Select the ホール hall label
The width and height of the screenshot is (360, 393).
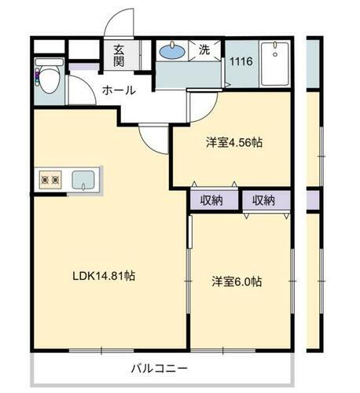[x=119, y=90]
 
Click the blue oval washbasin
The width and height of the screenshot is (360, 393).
[x=171, y=53]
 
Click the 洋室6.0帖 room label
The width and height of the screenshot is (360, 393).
[x=236, y=281]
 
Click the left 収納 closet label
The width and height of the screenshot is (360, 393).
[x=211, y=200]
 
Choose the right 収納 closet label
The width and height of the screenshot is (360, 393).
[x=264, y=200]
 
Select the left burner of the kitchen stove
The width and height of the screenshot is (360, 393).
[x=45, y=180]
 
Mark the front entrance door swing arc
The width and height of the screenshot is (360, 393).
[x=122, y=22]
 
